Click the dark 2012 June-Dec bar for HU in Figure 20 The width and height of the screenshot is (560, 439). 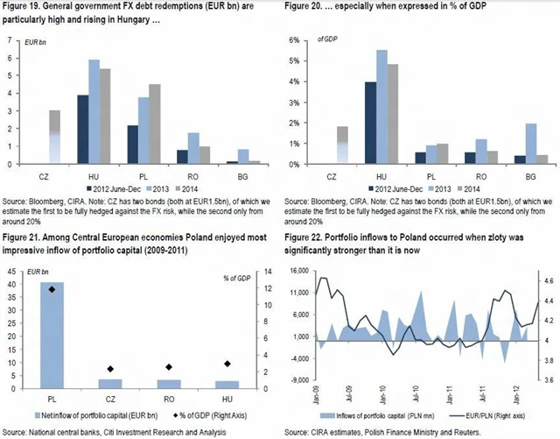tap(370, 123)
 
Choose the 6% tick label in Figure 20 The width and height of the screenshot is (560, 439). tap(297, 41)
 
